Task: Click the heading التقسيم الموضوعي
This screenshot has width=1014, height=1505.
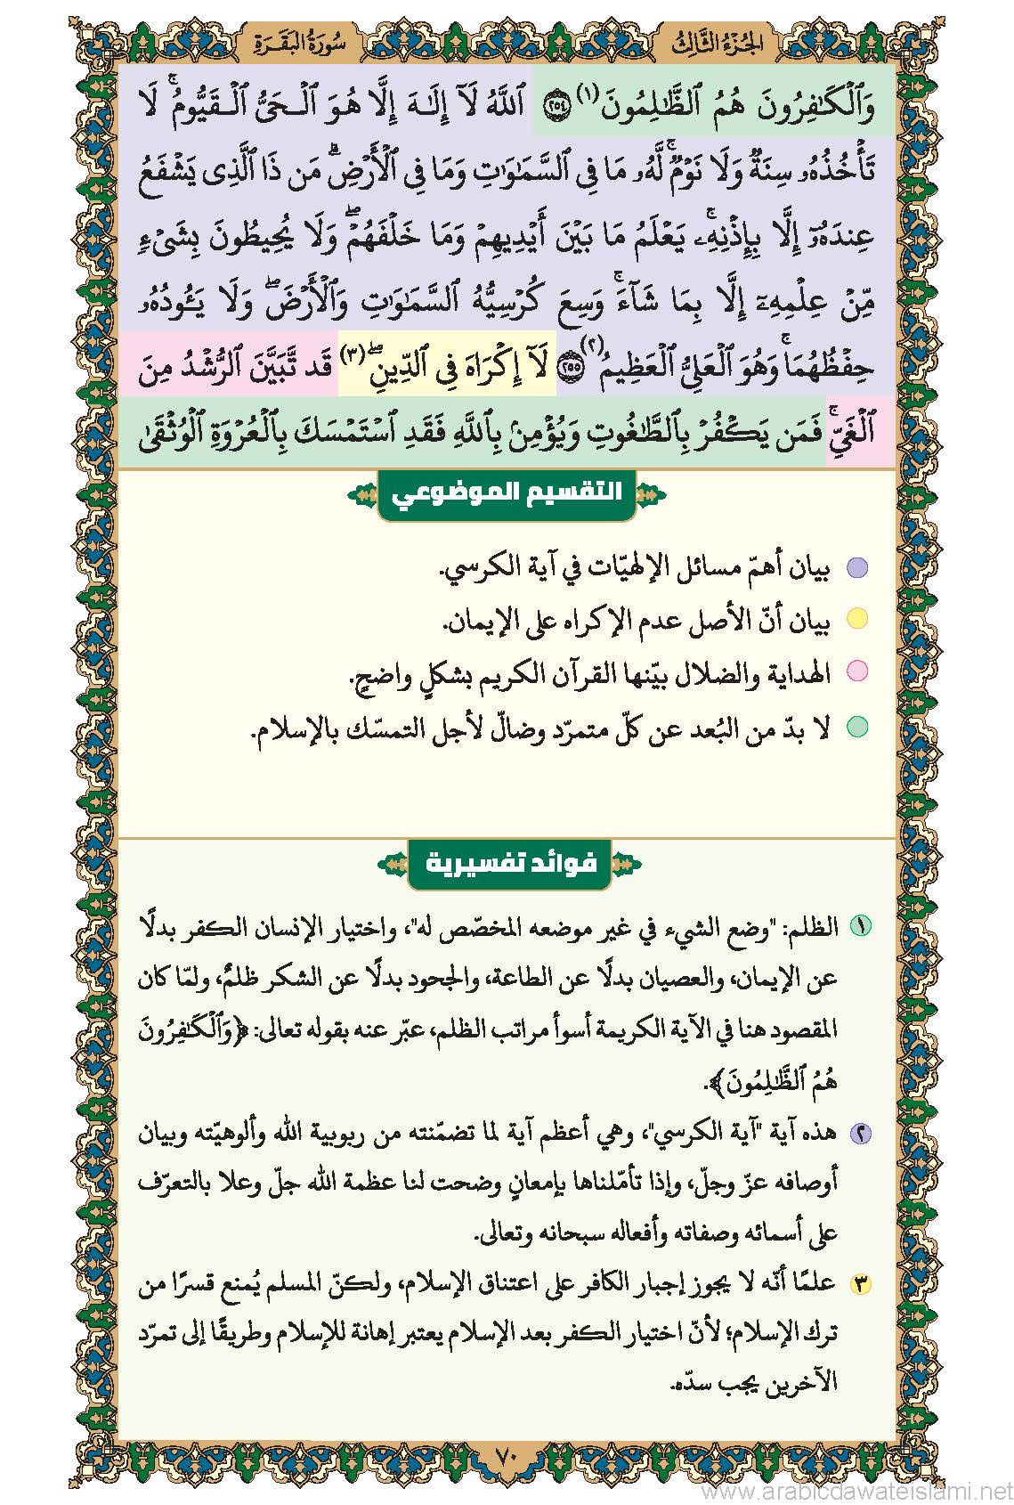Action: (x=507, y=492)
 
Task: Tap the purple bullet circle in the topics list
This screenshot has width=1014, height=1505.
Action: (x=856, y=568)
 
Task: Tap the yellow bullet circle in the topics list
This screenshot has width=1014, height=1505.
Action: (x=856, y=620)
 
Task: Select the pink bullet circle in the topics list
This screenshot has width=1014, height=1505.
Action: (x=856, y=672)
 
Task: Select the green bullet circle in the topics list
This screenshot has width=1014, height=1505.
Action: (x=856, y=727)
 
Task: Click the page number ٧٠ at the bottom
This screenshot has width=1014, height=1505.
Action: (x=506, y=1459)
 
